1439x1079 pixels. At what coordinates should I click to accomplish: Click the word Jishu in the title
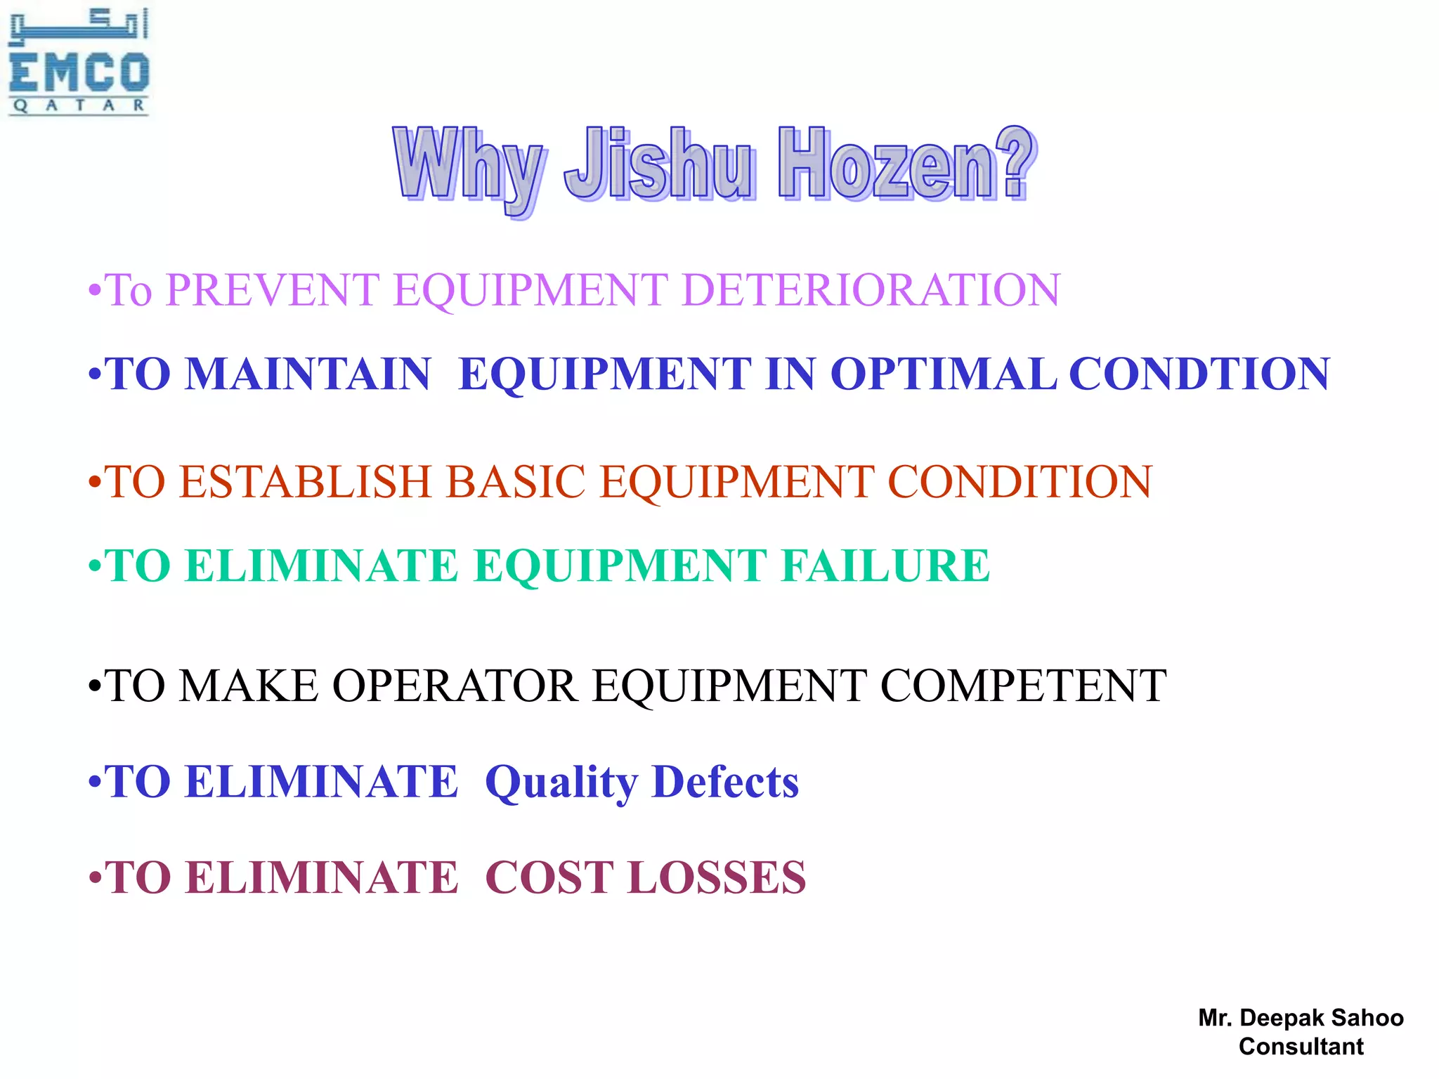click(x=659, y=164)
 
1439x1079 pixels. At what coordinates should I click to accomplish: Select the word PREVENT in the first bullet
click(x=273, y=289)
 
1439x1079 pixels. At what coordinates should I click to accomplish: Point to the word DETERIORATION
click(x=871, y=289)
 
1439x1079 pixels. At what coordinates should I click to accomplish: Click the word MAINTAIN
click(x=308, y=373)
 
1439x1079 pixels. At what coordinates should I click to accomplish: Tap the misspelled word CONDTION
click(x=1199, y=373)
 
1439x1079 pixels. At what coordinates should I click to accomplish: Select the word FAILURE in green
click(x=885, y=565)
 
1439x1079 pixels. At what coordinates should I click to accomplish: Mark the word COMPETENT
click(x=1023, y=686)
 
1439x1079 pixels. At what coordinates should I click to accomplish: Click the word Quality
click(x=561, y=783)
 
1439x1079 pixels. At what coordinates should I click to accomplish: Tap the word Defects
click(x=725, y=781)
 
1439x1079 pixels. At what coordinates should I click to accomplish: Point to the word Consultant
click(x=1301, y=1046)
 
